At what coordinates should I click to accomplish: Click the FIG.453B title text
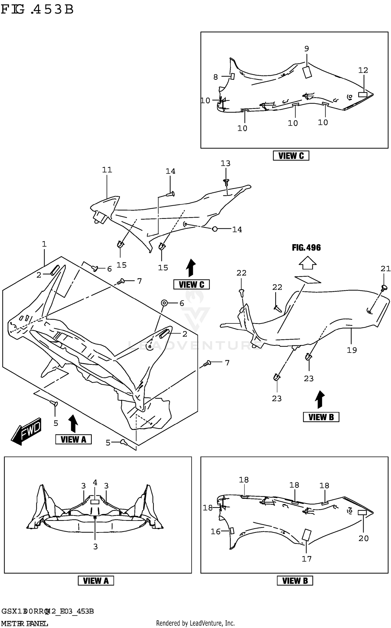(x=37, y=10)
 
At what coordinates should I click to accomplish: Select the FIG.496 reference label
(x=306, y=248)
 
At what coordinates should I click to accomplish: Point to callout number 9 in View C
(x=307, y=49)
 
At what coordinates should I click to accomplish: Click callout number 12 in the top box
(x=363, y=70)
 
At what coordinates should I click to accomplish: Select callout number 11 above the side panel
(x=107, y=170)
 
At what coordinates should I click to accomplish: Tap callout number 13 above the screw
(x=225, y=163)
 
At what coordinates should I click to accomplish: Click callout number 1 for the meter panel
(x=44, y=244)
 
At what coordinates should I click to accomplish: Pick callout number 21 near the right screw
(x=386, y=268)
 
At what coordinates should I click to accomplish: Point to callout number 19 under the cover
(x=351, y=350)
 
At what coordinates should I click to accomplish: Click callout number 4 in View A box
(x=95, y=483)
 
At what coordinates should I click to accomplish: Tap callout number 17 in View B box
(x=307, y=559)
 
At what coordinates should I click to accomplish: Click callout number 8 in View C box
(x=216, y=77)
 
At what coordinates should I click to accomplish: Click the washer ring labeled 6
(x=164, y=303)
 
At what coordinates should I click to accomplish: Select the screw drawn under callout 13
(x=226, y=182)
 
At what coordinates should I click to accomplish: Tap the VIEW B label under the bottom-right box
(x=295, y=581)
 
